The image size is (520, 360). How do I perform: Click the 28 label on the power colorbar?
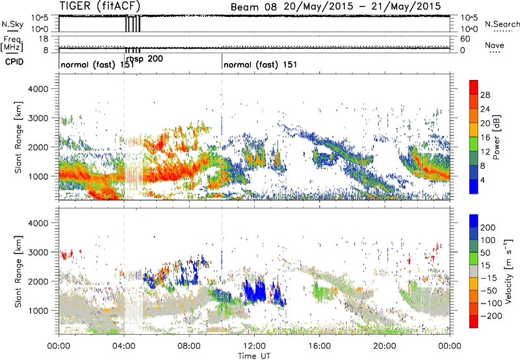click(484, 94)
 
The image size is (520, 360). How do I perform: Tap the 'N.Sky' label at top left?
click(11, 24)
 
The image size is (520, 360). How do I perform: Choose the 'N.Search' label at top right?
click(499, 24)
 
